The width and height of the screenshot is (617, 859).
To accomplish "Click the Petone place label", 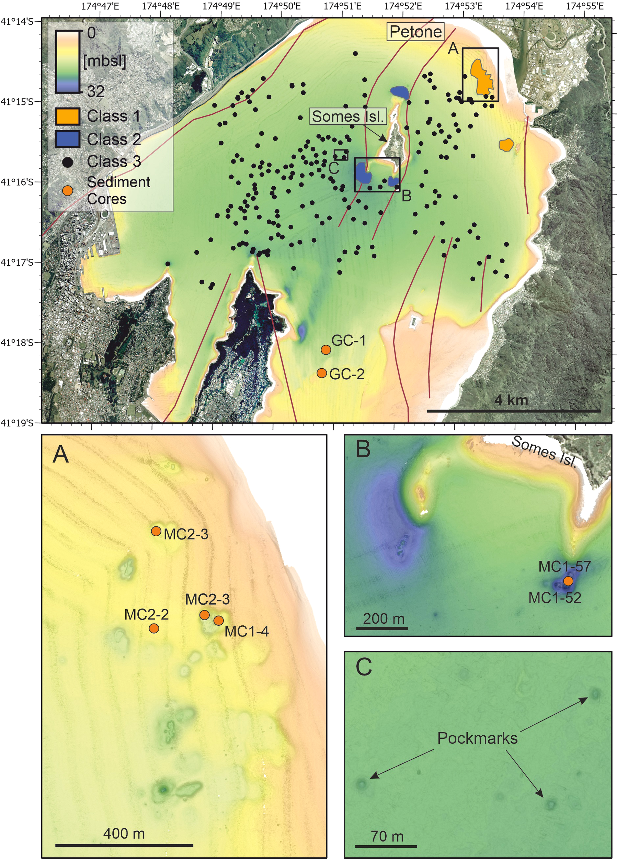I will [x=415, y=32].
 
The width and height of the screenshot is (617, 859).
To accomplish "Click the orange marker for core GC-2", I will [x=322, y=373].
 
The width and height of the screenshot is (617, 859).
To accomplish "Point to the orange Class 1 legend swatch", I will [x=67, y=116].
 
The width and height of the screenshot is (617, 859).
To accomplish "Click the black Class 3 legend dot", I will [x=68, y=162].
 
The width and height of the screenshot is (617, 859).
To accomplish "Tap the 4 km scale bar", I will [x=514, y=411].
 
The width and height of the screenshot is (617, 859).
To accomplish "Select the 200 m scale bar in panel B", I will [x=382, y=628].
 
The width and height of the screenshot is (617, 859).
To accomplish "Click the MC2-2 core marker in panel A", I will [x=154, y=628].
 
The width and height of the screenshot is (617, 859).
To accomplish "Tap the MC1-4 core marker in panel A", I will [x=218, y=621].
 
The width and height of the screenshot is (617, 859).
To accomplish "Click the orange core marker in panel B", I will [x=568, y=581].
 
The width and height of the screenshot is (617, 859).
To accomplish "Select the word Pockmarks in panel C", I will [x=477, y=738].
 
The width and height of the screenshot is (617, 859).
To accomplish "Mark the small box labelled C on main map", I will [x=341, y=155].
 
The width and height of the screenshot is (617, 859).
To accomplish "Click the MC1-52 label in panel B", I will [x=555, y=598].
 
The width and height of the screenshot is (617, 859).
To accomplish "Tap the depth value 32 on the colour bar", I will [x=96, y=91].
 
